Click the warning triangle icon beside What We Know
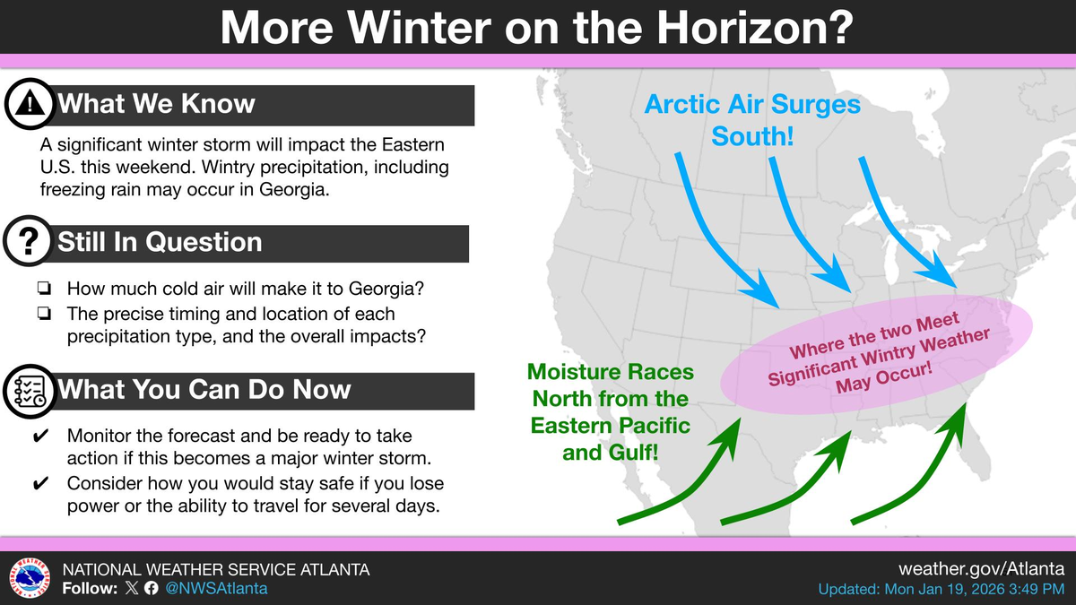click(30, 104)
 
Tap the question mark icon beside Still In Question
click(29, 241)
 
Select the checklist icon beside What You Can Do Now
click(30, 392)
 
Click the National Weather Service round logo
click(30, 578)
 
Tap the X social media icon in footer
click(131, 588)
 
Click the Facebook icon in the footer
click(151, 588)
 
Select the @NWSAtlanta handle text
click(216, 588)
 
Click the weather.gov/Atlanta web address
click(981, 569)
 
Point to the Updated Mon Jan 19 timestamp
click(941, 589)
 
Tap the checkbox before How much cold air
click(44, 288)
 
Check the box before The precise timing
click(44, 314)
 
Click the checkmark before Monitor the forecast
click(40, 436)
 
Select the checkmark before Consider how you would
click(40, 483)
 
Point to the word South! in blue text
click(752, 136)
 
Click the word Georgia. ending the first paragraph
click(294, 190)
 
